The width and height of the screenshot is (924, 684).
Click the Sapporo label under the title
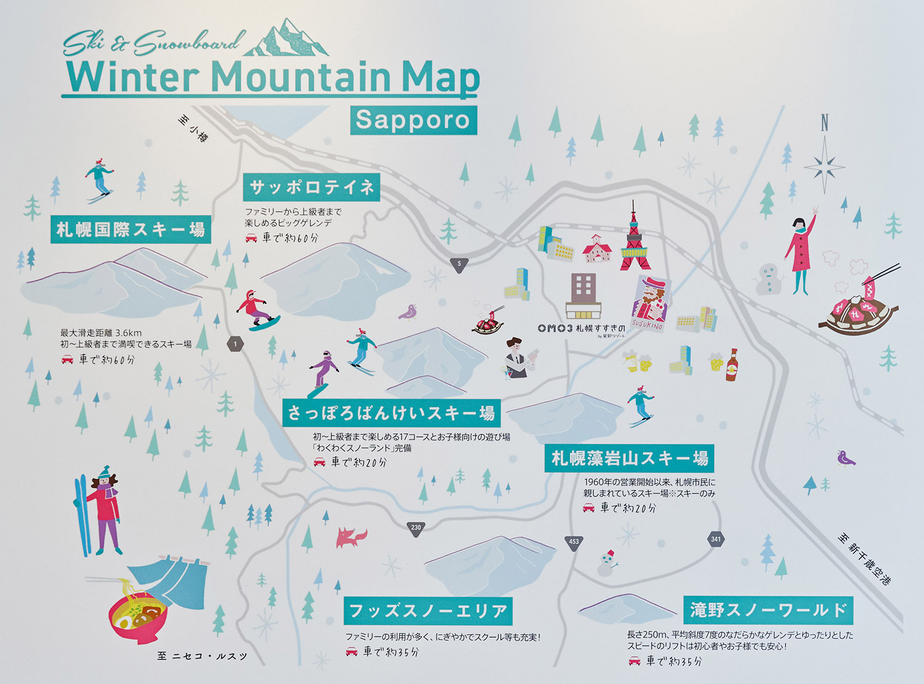coord(413,120)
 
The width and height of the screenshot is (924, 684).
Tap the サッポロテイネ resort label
coord(312,187)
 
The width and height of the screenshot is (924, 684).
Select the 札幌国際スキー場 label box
coord(131,230)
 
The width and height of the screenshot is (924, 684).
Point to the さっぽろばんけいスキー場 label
coord(391,413)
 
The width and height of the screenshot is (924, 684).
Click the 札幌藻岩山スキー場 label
coord(629,458)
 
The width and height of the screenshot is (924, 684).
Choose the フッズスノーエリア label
coord(428,611)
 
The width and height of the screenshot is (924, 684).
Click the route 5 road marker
coord(459,264)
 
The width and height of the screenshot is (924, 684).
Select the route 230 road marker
coord(416,527)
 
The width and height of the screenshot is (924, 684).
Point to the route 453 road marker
coord(573,542)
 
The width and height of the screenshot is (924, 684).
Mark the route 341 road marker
coord(715,539)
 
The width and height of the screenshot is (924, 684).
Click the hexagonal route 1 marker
coord(235,344)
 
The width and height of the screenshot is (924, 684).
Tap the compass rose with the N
coord(824,161)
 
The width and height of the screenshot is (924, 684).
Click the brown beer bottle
coord(731,365)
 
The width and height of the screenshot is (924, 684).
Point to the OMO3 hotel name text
coord(581,329)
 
